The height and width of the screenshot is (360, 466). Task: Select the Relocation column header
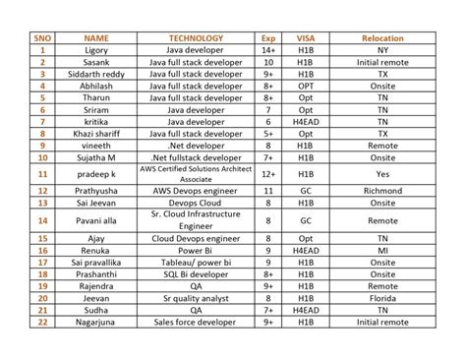[382, 37]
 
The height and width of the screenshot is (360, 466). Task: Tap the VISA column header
[305, 37]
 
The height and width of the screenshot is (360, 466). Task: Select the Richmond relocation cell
[382, 190]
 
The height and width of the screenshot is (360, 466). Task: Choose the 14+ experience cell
[267, 49]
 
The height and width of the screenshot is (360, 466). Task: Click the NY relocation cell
[382, 49]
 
